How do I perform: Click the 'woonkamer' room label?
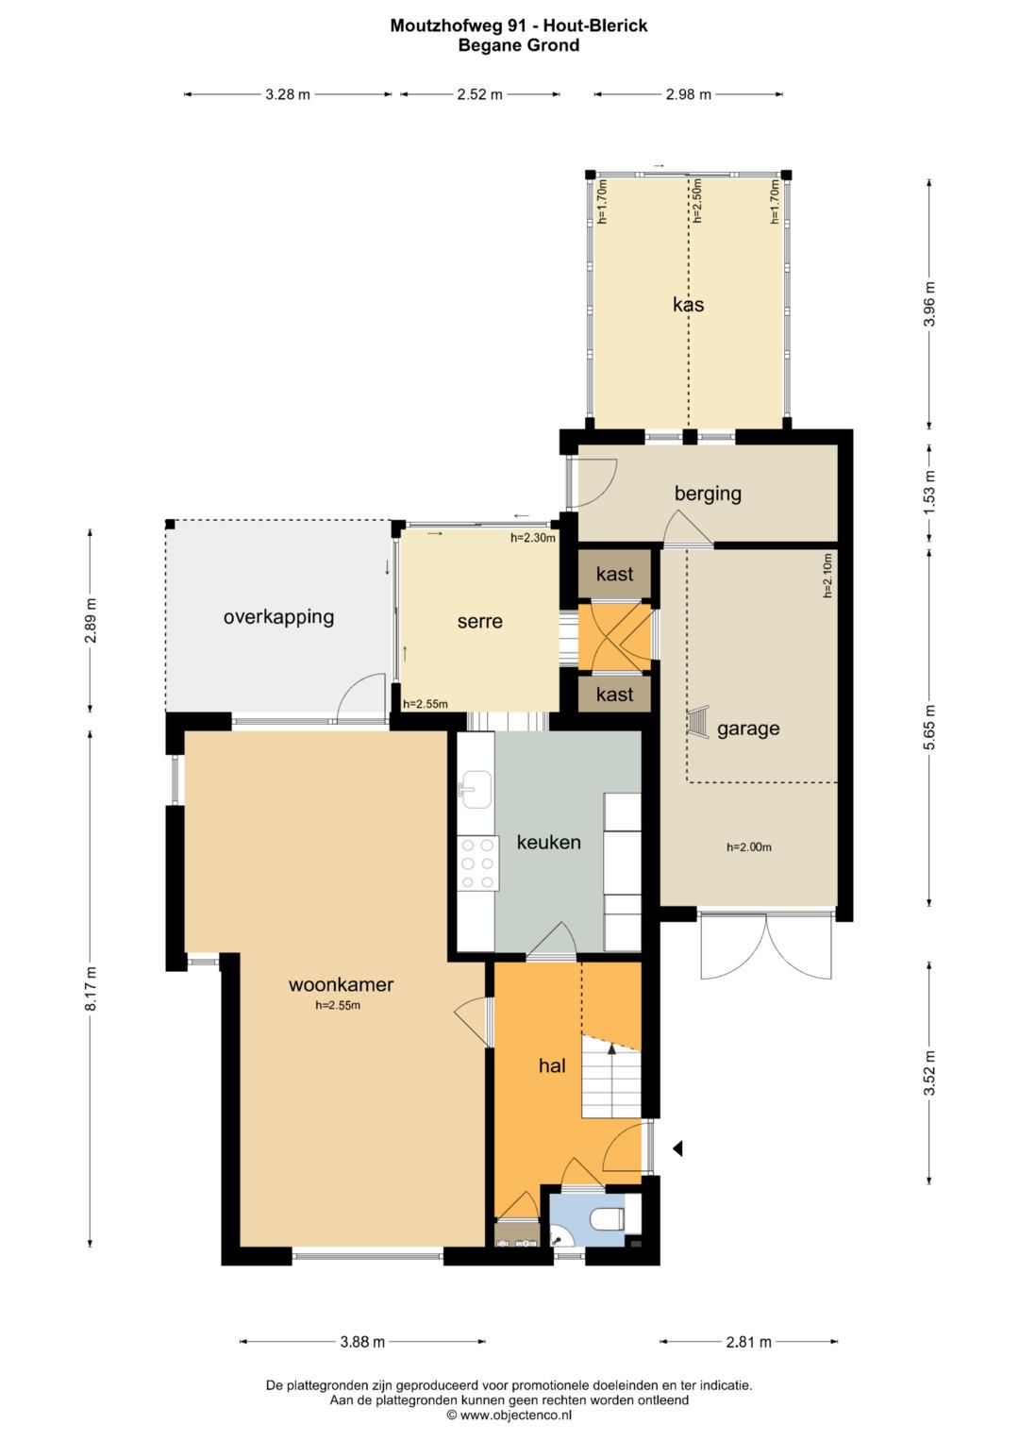[x=341, y=984]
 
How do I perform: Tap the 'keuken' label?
[x=548, y=842]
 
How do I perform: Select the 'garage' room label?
[x=748, y=729]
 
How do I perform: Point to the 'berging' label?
[x=708, y=494]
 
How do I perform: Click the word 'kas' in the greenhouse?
[x=689, y=304]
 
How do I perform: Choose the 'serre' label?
[x=480, y=622]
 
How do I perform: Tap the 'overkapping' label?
[x=278, y=617]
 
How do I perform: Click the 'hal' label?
[x=552, y=1066]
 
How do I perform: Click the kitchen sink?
[x=476, y=789]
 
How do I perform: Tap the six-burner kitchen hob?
[x=478, y=863]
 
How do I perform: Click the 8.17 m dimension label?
[x=91, y=988]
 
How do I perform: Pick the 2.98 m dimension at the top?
[x=689, y=94]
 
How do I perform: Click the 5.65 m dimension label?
[x=929, y=728]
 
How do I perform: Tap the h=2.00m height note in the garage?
[x=749, y=847]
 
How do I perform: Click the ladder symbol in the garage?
[x=698, y=721]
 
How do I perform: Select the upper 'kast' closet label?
[x=614, y=574]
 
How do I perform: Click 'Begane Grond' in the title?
[x=519, y=45]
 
